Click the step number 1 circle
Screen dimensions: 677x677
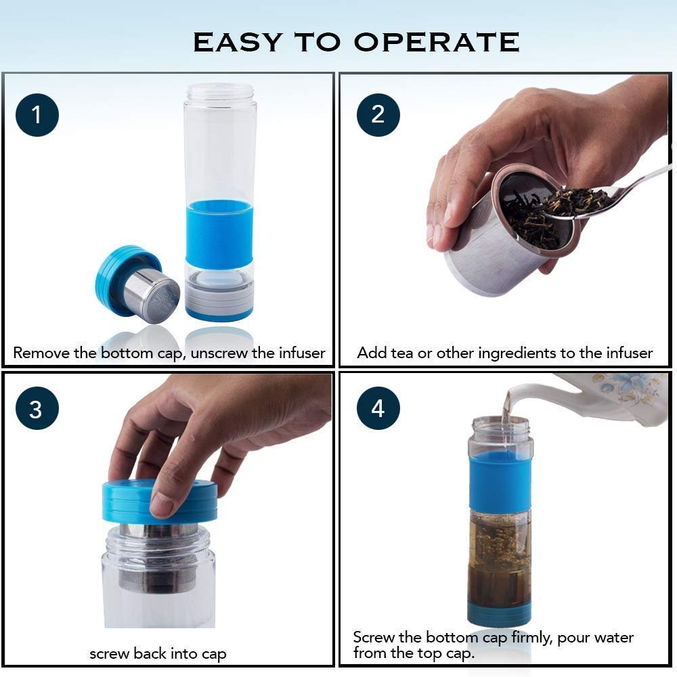point(37,114)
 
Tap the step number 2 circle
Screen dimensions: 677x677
point(378,114)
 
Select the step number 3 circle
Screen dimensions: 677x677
point(37,410)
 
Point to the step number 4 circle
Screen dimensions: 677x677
point(378,408)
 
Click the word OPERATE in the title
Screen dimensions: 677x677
point(437,42)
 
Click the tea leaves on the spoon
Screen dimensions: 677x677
point(575,200)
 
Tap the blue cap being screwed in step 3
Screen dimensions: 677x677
point(159,501)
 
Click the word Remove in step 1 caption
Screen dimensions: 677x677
point(42,353)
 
